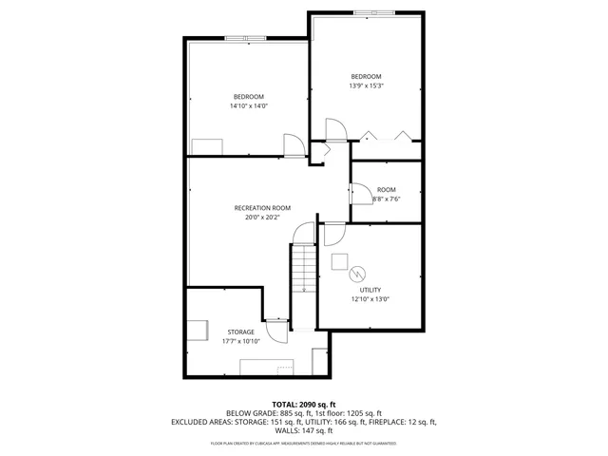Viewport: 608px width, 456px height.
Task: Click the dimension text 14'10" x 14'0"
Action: [x=249, y=106]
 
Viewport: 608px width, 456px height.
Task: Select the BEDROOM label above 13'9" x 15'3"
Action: [x=366, y=77]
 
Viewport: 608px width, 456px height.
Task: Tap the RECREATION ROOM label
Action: [x=262, y=207]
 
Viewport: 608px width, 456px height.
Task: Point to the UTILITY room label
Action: [x=370, y=290]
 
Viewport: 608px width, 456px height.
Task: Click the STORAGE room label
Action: [x=240, y=332]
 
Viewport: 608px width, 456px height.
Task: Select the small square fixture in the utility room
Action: [x=339, y=261]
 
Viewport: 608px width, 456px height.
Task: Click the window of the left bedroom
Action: [x=246, y=38]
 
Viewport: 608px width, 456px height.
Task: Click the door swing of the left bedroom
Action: [x=294, y=144]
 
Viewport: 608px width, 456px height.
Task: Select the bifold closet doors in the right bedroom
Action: [x=388, y=136]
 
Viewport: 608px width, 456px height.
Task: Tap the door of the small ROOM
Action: [x=361, y=194]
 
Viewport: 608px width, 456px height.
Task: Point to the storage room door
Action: [x=276, y=331]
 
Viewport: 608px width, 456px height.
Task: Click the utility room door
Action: [x=334, y=234]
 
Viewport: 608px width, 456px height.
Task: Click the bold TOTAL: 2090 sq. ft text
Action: [x=303, y=404]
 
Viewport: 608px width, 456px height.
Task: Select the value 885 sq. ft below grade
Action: [x=298, y=413]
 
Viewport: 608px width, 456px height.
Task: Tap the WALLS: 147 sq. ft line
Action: [x=303, y=430]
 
